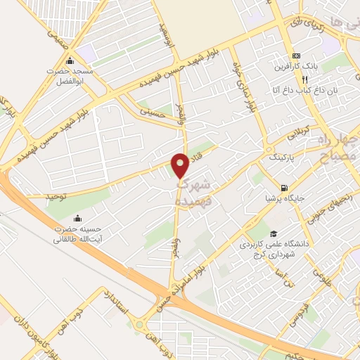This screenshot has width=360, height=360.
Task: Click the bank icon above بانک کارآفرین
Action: pos(296,56)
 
